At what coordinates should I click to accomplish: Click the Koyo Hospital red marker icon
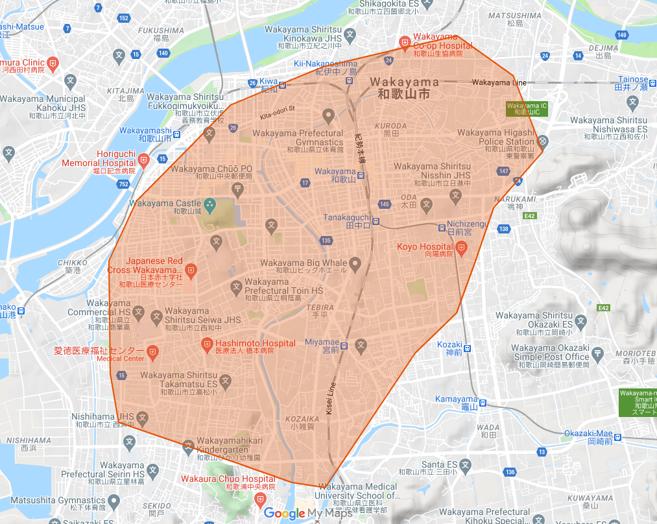(x=461, y=246)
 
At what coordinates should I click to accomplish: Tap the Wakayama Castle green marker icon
(x=209, y=204)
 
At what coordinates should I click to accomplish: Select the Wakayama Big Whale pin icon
(x=355, y=263)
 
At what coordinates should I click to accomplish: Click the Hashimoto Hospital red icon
(x=207, y=343)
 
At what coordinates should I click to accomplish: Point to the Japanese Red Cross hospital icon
(x=191, y=269)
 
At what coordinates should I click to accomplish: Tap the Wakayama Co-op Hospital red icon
(x=405, y=43)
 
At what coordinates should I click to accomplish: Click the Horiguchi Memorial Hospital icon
(x=143, y=159)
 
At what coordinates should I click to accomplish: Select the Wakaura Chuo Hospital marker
(x=260, y=498)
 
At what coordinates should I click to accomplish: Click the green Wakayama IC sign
(x=527, y=108)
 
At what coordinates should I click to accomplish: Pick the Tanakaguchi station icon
(x=376, y=226)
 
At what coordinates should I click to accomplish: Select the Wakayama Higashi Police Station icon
(x=544, y=141)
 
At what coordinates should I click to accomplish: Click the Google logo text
(x=284, y=513)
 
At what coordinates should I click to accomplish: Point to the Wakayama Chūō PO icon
(x=238, y=188)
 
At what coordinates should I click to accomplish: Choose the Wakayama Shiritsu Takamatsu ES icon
(x=225, y=381)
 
